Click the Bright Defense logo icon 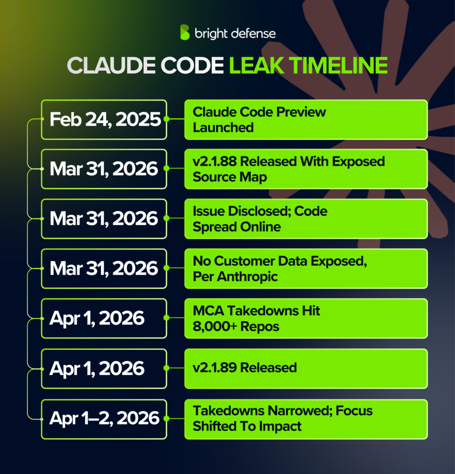pos(185,32)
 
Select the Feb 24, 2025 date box pos(104,119)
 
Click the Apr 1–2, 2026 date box pos(104,419)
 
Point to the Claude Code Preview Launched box pos(305,119)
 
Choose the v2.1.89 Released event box pos(305,368)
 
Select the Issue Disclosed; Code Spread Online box pos(305,219)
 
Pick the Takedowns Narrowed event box pos(305,419)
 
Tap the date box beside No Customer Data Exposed pos(104,269)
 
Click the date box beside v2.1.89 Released pos(104,368)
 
